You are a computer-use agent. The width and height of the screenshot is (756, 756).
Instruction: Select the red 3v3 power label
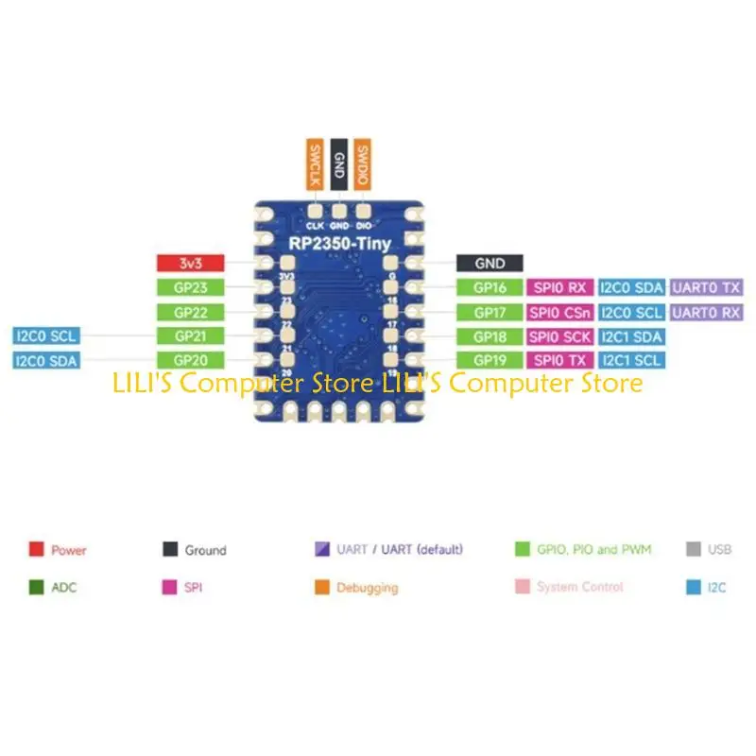pyautogui.click(x=191, y=265)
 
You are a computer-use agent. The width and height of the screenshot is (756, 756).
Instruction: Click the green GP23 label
pyautogui.click(x=191, y=288)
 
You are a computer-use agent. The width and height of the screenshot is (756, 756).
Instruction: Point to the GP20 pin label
pyautogui.click(x=191, y=359)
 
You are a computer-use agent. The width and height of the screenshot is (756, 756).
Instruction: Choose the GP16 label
pyautogui.click(x=490, y=288)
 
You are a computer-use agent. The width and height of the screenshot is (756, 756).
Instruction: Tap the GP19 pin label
pyautogui.click(x=490, y=359)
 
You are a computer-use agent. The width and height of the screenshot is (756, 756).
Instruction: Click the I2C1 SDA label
pyautogui.click(x=631, y=335)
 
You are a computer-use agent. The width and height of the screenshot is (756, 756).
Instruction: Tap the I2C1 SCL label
pyautogui.click(x=631, y=359)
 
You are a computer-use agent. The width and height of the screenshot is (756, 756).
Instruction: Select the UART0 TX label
pyautogui.click(x=705, y=288)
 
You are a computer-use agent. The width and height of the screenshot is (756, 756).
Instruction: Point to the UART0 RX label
pyautogui.click(x=705, y=312)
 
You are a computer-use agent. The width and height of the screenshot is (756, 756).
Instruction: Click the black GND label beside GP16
pyautogui.click(x=490, y=265)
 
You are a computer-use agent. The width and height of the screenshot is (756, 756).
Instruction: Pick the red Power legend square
pyautogui.click(x=37, y=549)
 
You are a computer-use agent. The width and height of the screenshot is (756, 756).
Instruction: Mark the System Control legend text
pyautogui.click(x=579, y=588)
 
